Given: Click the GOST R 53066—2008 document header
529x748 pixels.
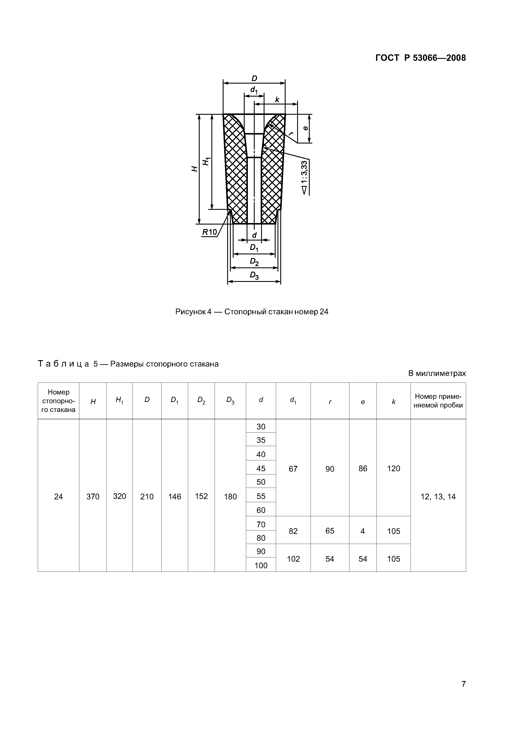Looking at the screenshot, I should (420, 58).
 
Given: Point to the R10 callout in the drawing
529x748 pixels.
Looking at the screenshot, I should (209, 232).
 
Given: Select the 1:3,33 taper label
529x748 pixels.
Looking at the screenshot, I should (304, 178).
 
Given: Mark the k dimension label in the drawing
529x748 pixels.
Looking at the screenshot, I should (277, 100).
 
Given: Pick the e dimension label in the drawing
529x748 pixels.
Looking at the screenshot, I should (305, 128).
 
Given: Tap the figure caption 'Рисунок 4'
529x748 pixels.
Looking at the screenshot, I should (252, 312).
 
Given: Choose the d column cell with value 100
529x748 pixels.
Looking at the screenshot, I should (261, 565).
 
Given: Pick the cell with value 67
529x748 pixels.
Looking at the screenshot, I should (293, 469).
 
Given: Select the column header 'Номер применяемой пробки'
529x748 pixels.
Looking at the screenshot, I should (438, 401).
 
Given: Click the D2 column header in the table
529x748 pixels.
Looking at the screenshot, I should (201, 400).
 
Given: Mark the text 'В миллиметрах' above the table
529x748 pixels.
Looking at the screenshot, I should (437, 373).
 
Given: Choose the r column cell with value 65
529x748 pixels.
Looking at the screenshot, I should (330, 531).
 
